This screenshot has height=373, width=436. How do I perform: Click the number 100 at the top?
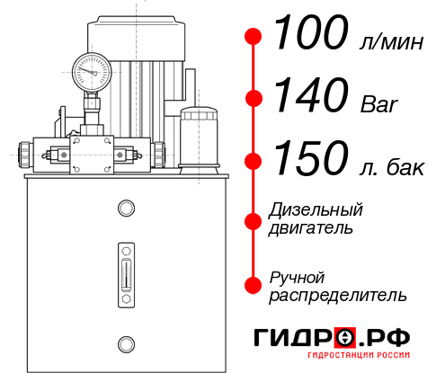click(x=310, y=34)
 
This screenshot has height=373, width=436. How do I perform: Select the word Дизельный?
click(x=316, y=210)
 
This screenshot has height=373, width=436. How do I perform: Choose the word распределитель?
click(x=338, y=295)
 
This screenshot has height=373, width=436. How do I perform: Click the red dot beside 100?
click(x=254, y=37)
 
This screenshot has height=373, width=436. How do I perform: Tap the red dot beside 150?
click(x=254, y=161)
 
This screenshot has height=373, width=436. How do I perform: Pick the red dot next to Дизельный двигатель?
click(x=254, y=221)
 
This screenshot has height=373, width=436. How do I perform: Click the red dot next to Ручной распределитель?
click(x=254, y=285)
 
